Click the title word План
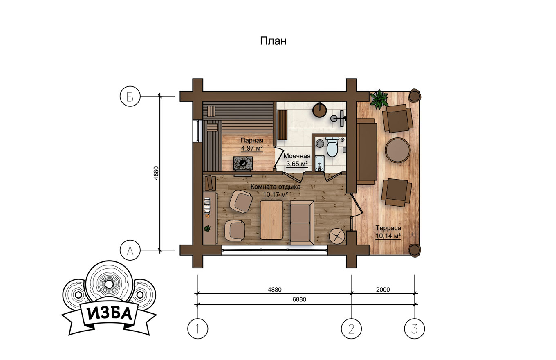[x=273, y=41]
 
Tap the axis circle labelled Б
[x=130, y=96]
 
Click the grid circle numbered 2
[x=351, y=328]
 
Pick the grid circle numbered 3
[x=414, y=328]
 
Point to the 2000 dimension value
[x=383, y=290]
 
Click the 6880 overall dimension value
[x=299, y=299]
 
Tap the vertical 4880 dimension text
[x=156, y=173]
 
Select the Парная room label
[x=252, y=141]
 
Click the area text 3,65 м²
[x=297, y=164]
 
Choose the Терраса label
[x=388, y=228]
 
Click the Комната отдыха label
[x=275, y=187]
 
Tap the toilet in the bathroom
[x=332, y=147]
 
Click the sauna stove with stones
[x=243, y=163]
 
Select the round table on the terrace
[x=397, y=150]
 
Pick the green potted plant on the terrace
[x=379, y=99]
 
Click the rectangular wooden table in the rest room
[x=271, y=220]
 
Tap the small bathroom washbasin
[x=319, y=164]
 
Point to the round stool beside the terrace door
[x=337, y=236]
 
